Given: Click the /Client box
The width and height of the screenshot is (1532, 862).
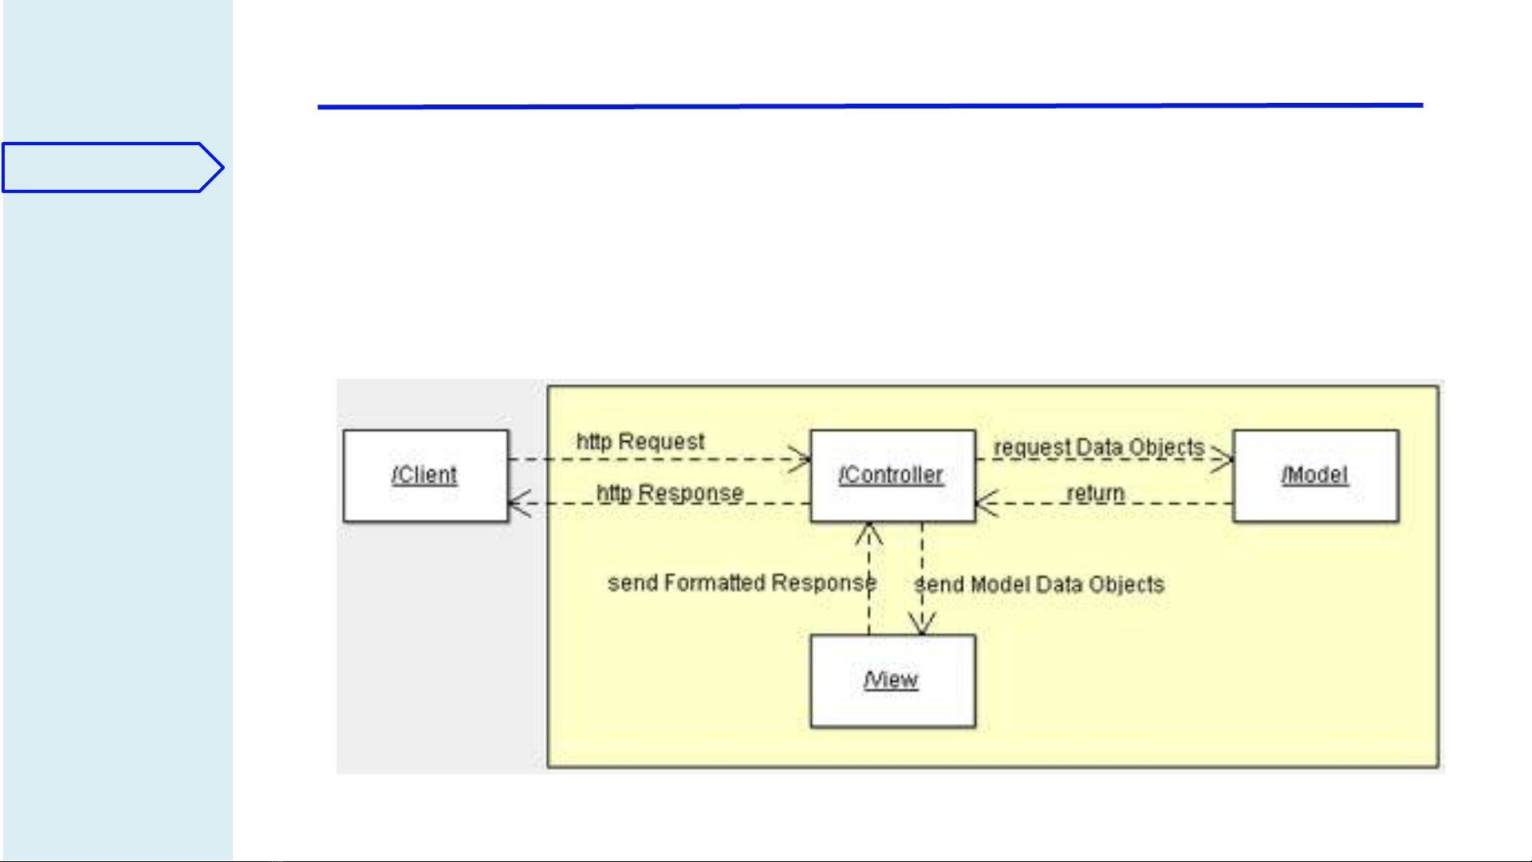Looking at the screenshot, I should pyautogui.click(x=425, y=476).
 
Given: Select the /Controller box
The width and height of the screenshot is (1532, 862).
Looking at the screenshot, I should pyautogui.click(x=892, y=476).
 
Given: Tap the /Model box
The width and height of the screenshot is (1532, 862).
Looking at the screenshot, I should pyautogui.click(x=1315, y=476).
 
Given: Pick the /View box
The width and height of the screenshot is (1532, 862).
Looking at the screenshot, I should pyautogui.click(x=892, y=681).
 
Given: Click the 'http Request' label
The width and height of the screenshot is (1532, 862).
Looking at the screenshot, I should pyautogui.click(x=640, y=442).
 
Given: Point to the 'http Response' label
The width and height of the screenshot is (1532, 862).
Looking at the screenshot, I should pyautogui.click(x=670, y=494).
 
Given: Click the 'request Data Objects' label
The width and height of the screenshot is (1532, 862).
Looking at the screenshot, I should pyautogui.click(x=1098, y=447).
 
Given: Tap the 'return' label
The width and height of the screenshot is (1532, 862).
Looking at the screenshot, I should pyautogui.click(x=1095, y=494).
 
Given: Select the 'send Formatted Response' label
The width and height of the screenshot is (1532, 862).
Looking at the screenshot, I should pyautogui.click(x=742, y=583).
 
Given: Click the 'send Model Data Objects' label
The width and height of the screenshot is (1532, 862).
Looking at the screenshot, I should pyautogui.click(x=1039, y=585).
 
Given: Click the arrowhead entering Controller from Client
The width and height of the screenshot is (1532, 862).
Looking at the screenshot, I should pyautogui.click(x=801, y=459).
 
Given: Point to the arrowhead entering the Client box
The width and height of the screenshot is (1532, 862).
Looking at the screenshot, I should pyautogui.click(x=518, y=503).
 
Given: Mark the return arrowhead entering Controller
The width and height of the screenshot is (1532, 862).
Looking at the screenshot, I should pyautogui.click(x=985, y=503).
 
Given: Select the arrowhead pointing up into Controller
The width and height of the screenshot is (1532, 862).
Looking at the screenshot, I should pyautogui.click(x=869, y=532).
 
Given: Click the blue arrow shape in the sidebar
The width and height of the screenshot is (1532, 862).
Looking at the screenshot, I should pyautogui.click(x=112, y=167).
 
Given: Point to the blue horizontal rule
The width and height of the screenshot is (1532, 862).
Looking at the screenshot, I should pyautogui.click(x=869, y=105).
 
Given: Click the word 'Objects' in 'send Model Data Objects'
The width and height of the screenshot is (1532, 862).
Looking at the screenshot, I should pyautogui.click(x=1126, y=585).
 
